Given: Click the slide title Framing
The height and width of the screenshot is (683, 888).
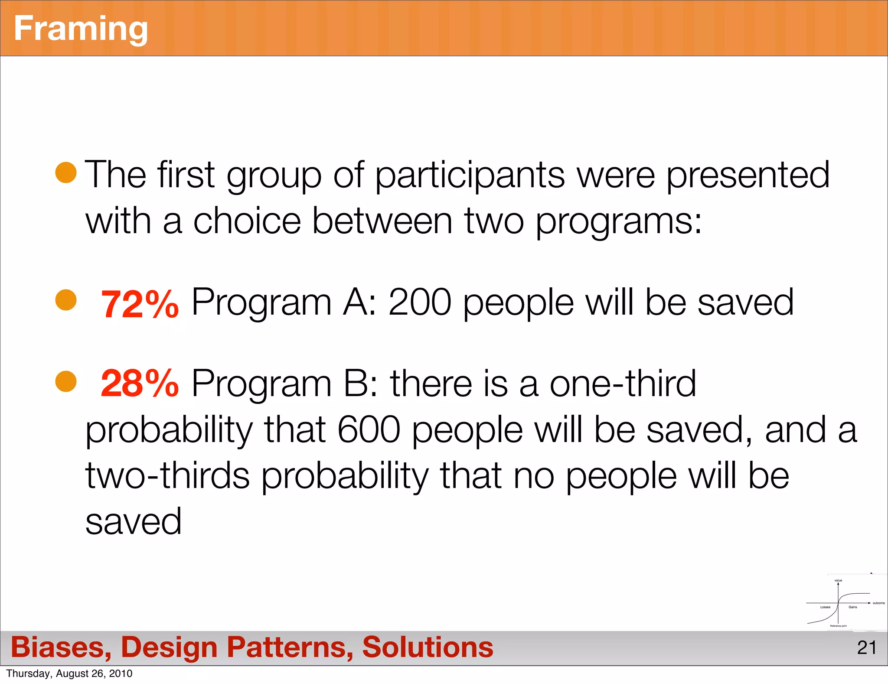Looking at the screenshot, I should pyautogui.click(x=81, y=29).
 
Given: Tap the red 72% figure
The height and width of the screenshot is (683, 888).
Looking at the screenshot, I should pyautogui.click(x=139, y=304).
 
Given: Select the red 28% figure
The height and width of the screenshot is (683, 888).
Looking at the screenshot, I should pyautogui.click(x=139, y=383).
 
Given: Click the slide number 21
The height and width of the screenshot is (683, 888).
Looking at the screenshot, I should pyautogui.click(x=867, y=648).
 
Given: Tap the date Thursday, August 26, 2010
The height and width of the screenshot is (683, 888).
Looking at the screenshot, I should pyautogui.click(x=69, y=673).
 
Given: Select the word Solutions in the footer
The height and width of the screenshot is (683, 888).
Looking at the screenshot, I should pyautogui.click(x=428, y=647).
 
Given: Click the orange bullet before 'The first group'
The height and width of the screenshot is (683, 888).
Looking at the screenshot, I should pyautogui.click(x=66, y=173).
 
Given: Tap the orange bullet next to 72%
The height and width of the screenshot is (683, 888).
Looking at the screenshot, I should pyautogui.click(x=66, y=300).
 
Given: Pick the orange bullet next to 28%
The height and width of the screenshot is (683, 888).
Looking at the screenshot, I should pyautogui.click(x=66, y=381).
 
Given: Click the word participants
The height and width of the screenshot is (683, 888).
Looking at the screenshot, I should pyautogui.click(x=470, y=176).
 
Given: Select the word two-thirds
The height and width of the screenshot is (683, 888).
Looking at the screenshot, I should pyautogui.click(x=167, y=476).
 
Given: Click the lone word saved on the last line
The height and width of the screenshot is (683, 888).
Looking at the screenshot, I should pyautogui.click(x=134, y=521).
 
